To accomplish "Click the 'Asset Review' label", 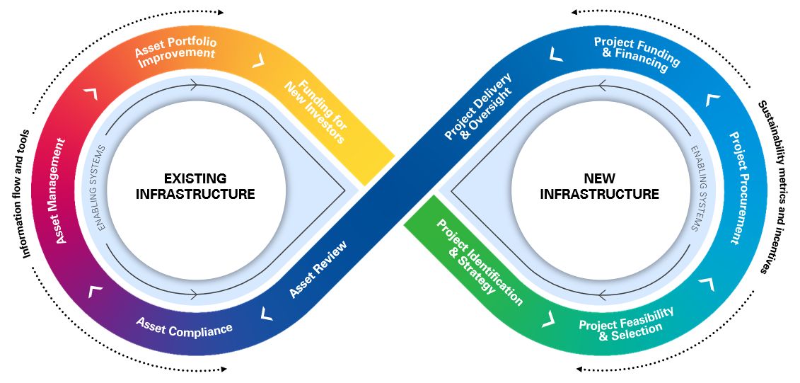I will point(318,270).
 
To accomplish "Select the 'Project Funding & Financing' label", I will point(636,55).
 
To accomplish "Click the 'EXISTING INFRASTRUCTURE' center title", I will point(195,185).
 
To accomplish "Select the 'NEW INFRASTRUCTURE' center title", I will point(599,185).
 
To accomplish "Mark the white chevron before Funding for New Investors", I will point(259,60).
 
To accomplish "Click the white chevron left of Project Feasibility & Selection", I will point(547,319).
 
